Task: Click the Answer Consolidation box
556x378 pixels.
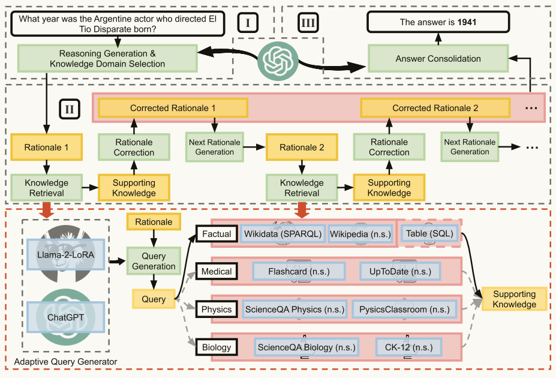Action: (438, 59)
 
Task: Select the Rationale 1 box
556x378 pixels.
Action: (46, 147)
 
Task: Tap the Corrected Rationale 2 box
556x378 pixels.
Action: (435, 108)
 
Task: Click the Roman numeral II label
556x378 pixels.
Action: (70, 109)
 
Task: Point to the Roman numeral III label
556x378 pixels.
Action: (308, 23)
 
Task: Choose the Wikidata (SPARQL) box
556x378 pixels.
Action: (282, 234)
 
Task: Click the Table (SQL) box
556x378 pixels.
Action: (429, 233)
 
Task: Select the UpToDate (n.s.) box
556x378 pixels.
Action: (400, 272)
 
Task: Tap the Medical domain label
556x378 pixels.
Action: (217, 272)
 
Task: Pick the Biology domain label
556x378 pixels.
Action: (217, 347)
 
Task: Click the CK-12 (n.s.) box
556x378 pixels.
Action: (409, 347)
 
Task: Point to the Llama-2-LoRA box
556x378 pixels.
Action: (66, 254)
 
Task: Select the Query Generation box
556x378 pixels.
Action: (154, 261)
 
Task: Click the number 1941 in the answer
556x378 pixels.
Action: (467, 22)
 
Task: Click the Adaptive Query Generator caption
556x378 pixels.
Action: (65, 362)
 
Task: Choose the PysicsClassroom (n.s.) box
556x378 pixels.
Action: (404, 310)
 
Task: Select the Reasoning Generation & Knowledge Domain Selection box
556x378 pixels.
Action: (107, 59)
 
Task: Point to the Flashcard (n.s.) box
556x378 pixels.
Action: (299, 272)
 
